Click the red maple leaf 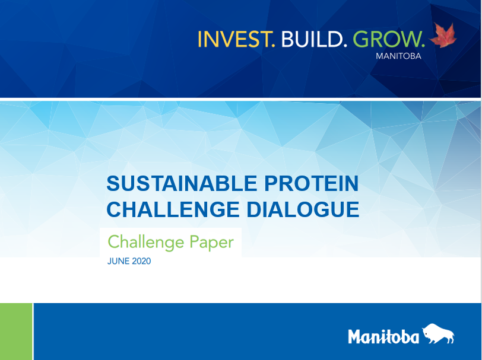[443, 35]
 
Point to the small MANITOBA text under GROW [398, 56]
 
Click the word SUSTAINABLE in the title [182, 183]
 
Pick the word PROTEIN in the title [312, 183]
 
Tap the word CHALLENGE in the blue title [173, 209]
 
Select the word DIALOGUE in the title [303, 209]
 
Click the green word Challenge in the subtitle [146, 243]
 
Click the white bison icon [438, 333]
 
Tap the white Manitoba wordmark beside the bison [383, 336]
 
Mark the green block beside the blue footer [16, 332]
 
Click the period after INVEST [273, 46]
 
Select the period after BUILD [345, 46]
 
